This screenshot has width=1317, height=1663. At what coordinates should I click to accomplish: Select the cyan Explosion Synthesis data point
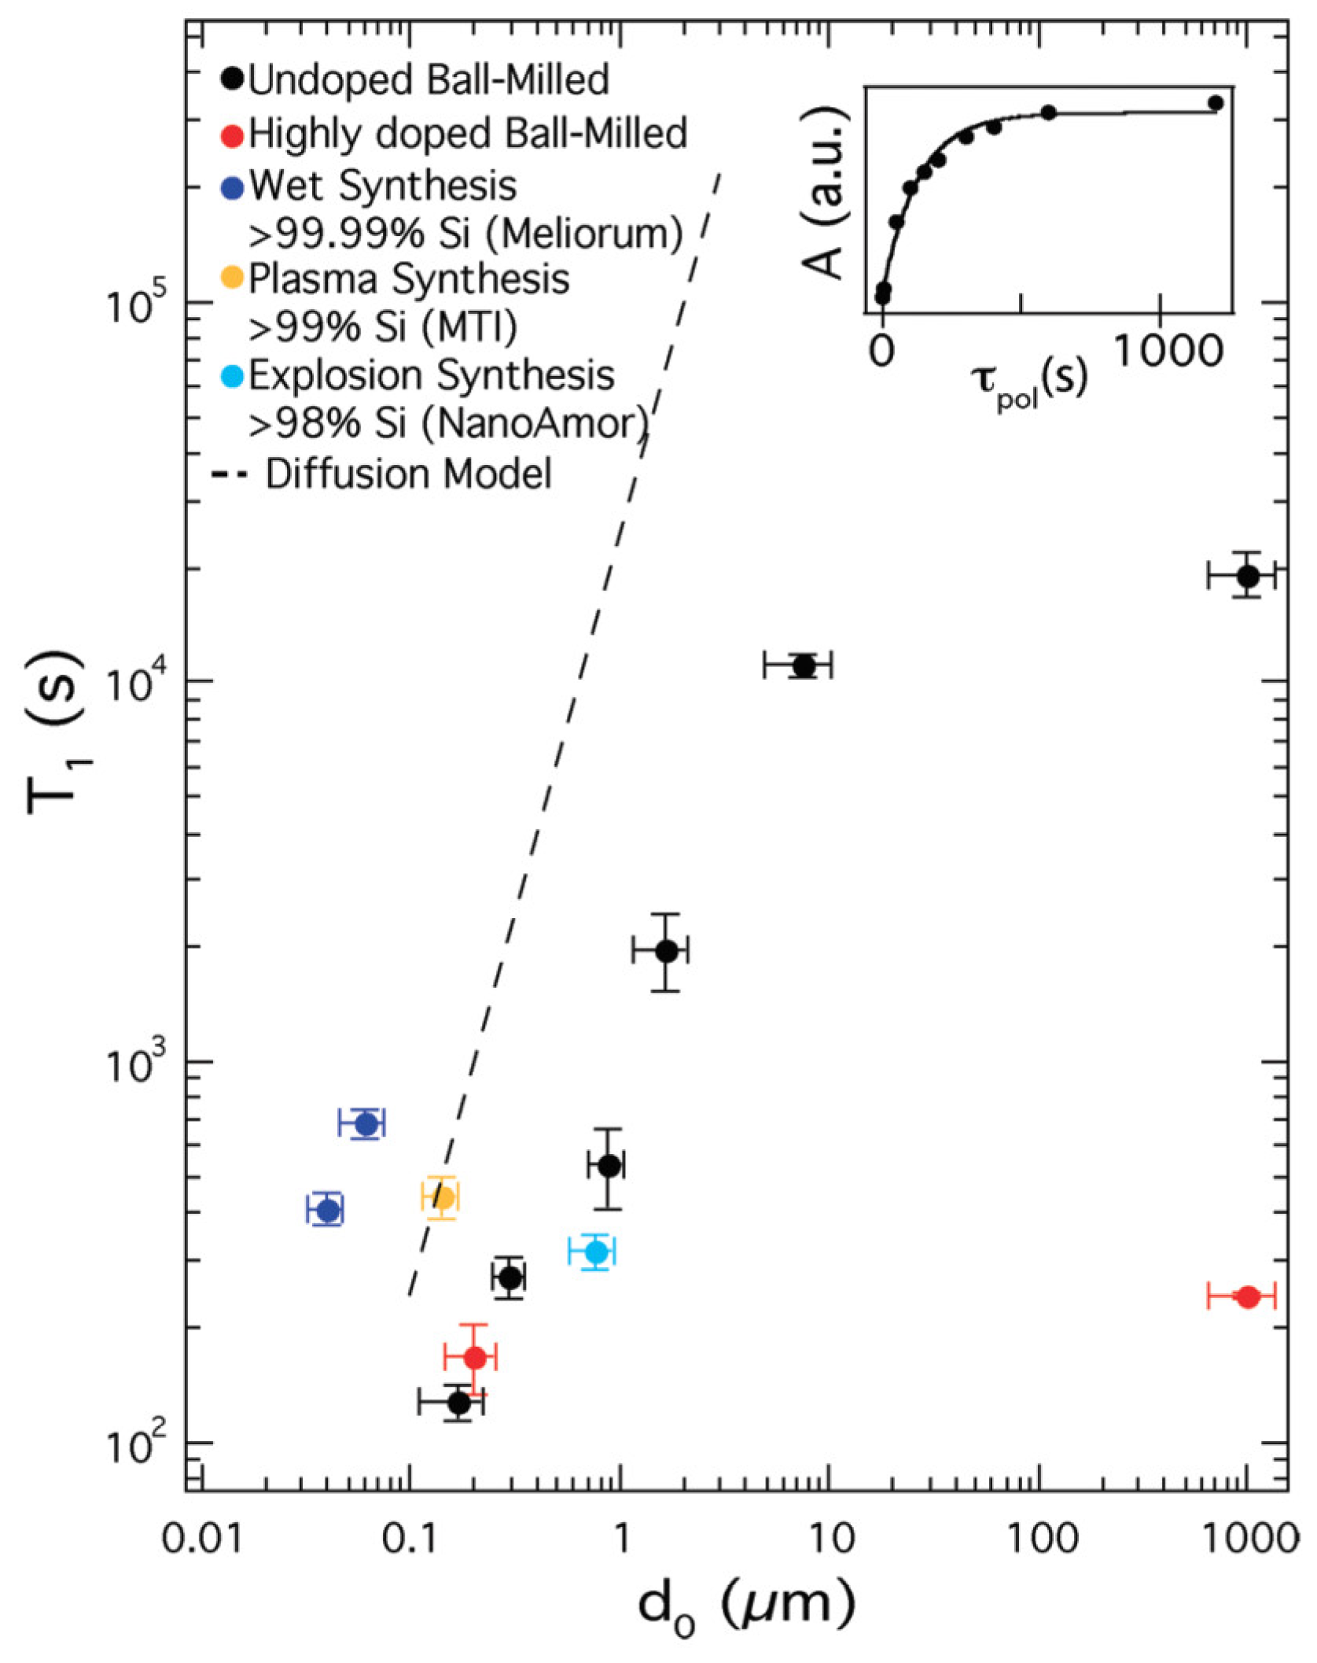coord(597,1251)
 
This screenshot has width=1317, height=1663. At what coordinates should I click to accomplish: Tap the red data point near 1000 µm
coord(1248,1296)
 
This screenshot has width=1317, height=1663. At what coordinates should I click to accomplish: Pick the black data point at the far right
coord(1248,576)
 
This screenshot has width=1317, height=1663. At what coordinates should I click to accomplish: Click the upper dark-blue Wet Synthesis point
coord(366,1124)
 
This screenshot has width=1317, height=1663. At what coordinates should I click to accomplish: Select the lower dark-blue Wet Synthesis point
coord(329,1211)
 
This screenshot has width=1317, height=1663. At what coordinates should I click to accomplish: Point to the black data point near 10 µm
coord(804,666)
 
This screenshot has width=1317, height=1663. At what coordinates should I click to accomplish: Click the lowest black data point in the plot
coord(459,1402)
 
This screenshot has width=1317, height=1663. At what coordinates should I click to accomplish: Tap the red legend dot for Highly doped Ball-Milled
coord(232,135)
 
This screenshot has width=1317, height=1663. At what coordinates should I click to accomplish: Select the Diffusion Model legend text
coord(408,474)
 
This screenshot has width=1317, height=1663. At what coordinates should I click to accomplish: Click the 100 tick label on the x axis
coord(1043,1537)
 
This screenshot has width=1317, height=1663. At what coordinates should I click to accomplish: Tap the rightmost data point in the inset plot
coord(1216,103)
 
